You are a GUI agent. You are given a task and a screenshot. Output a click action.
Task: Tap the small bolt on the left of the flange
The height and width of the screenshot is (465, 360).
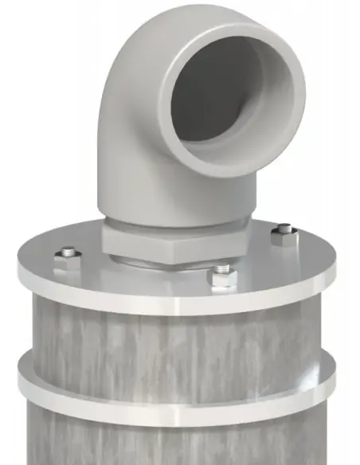(67, 258)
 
